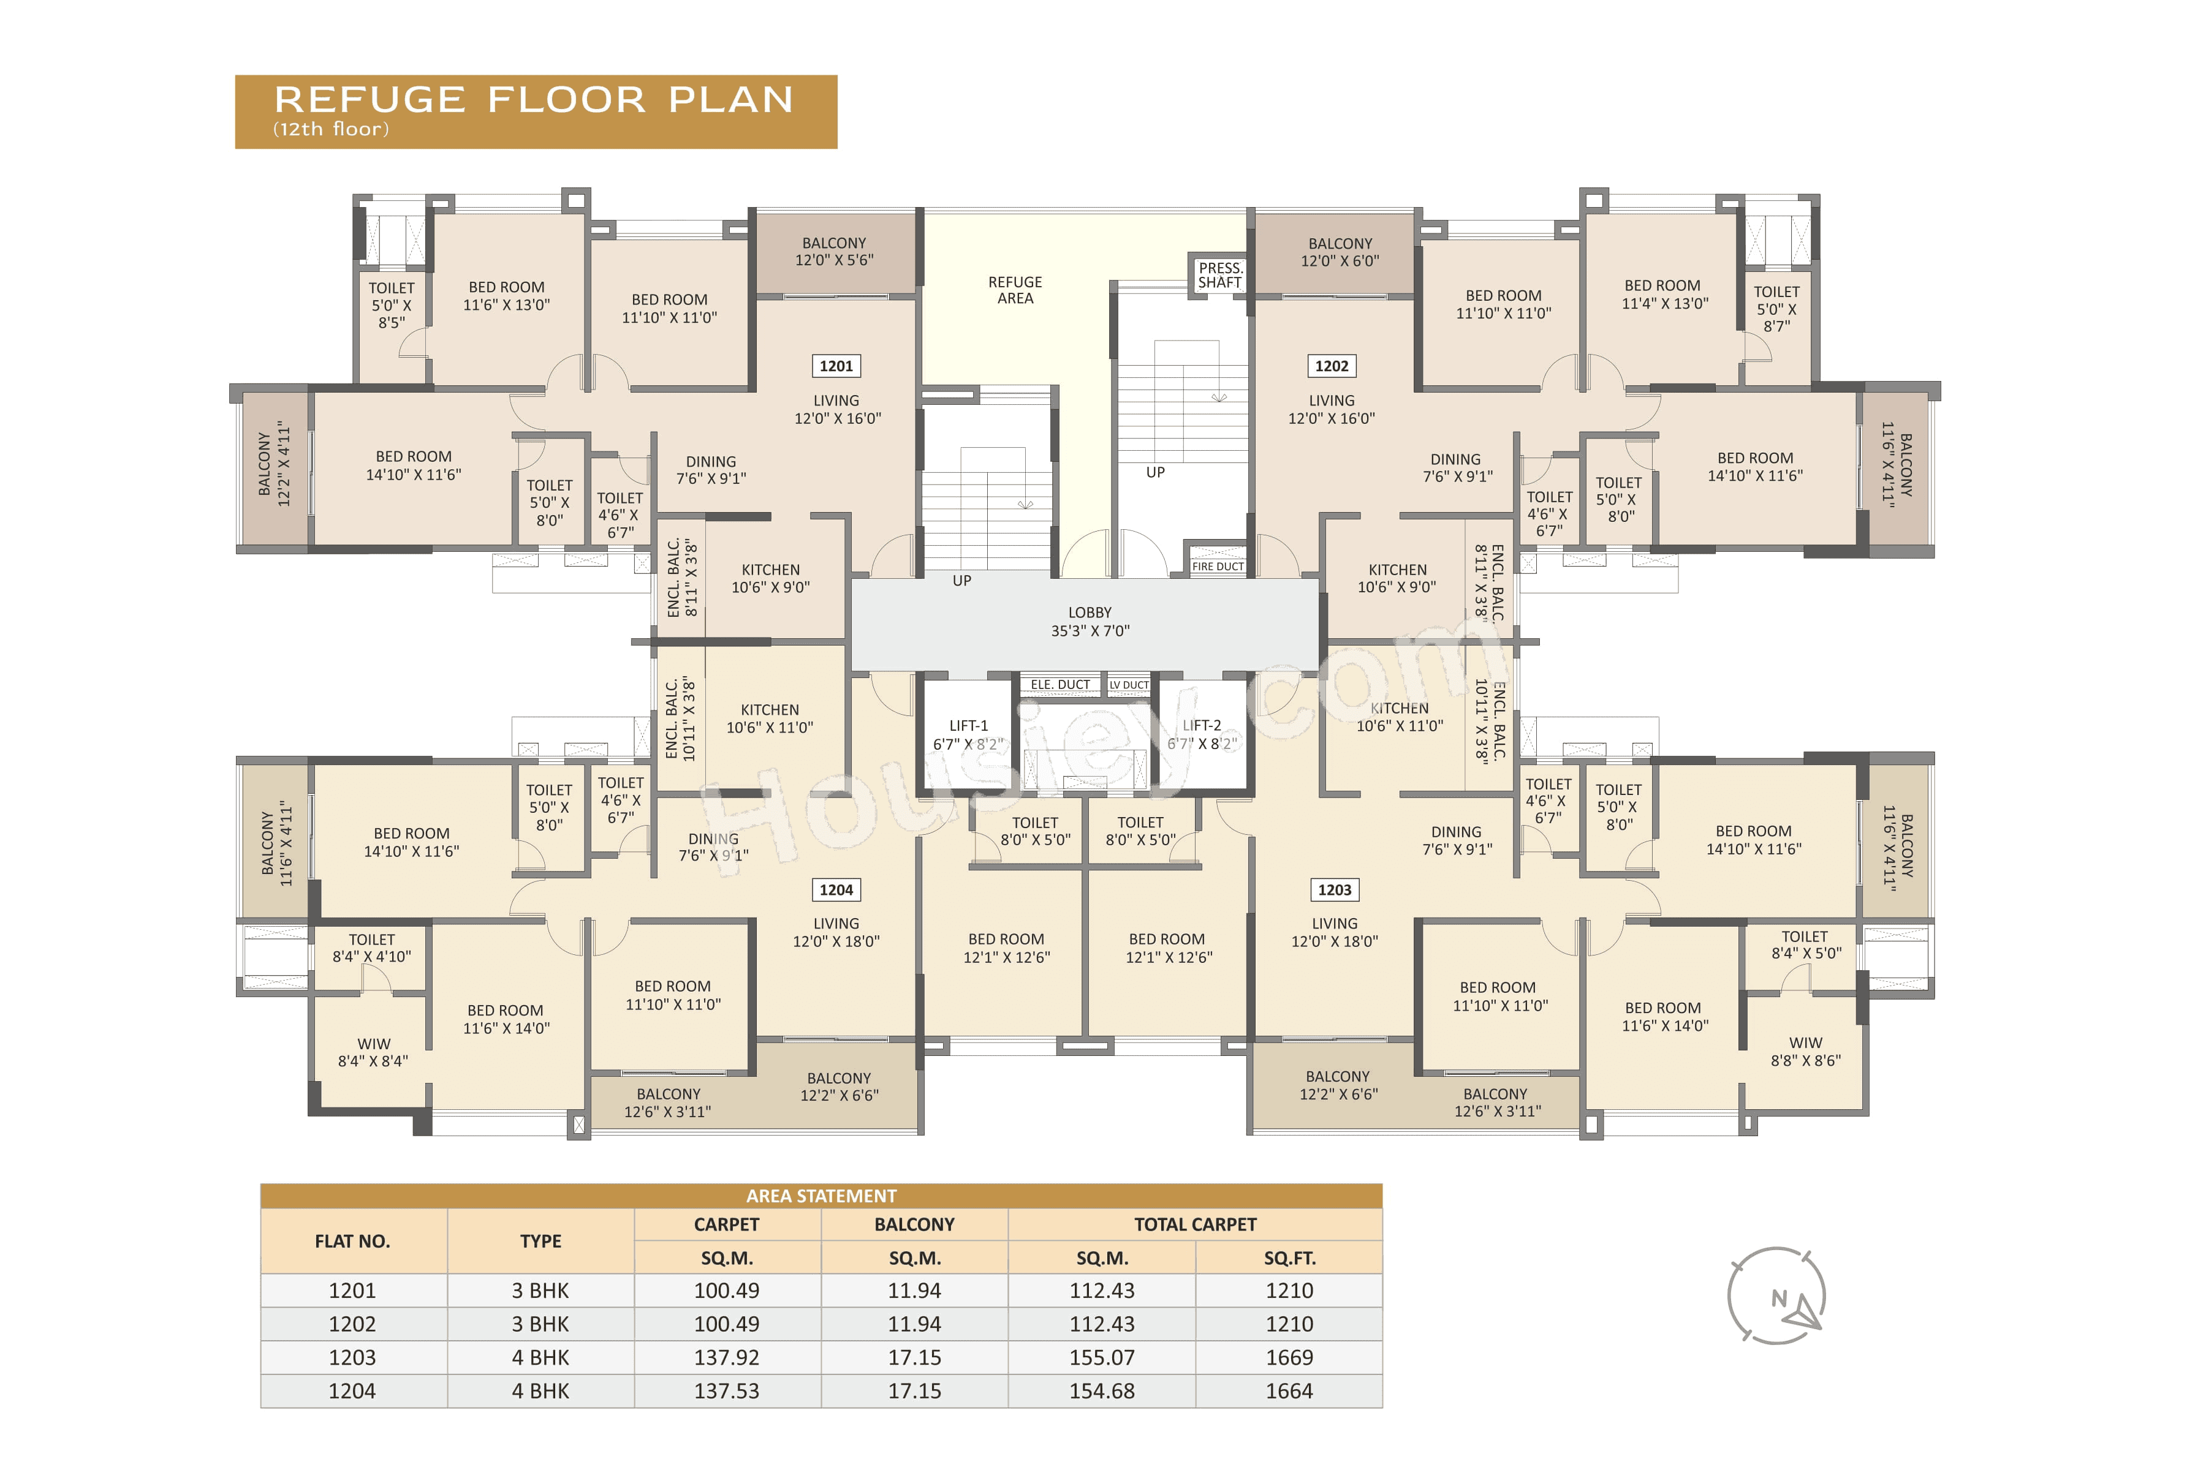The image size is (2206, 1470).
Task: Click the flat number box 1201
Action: pos(836,366)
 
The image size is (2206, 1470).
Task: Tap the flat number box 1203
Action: pos(1334,890)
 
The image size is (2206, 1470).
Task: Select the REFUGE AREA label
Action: pos(1015,290)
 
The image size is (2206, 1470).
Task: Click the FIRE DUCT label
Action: pos(1218,566)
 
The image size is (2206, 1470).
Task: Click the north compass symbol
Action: pos(1776,1297)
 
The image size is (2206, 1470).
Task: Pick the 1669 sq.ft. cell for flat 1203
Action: pos(1289,1357)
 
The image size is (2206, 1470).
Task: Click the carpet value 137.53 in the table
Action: pos(726,1391)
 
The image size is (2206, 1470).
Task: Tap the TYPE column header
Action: pos(540,1242)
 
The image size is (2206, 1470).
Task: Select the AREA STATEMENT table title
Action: pos(821,1196)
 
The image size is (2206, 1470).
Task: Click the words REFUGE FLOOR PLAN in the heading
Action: pos(534,99)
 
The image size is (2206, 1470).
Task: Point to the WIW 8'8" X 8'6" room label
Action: pos(1805,1052)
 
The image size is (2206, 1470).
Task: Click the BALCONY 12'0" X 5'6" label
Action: pos(834,251)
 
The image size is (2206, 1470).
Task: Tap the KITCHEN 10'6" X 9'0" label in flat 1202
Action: pos(1397,578)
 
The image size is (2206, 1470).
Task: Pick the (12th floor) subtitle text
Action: pos(330,129)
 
